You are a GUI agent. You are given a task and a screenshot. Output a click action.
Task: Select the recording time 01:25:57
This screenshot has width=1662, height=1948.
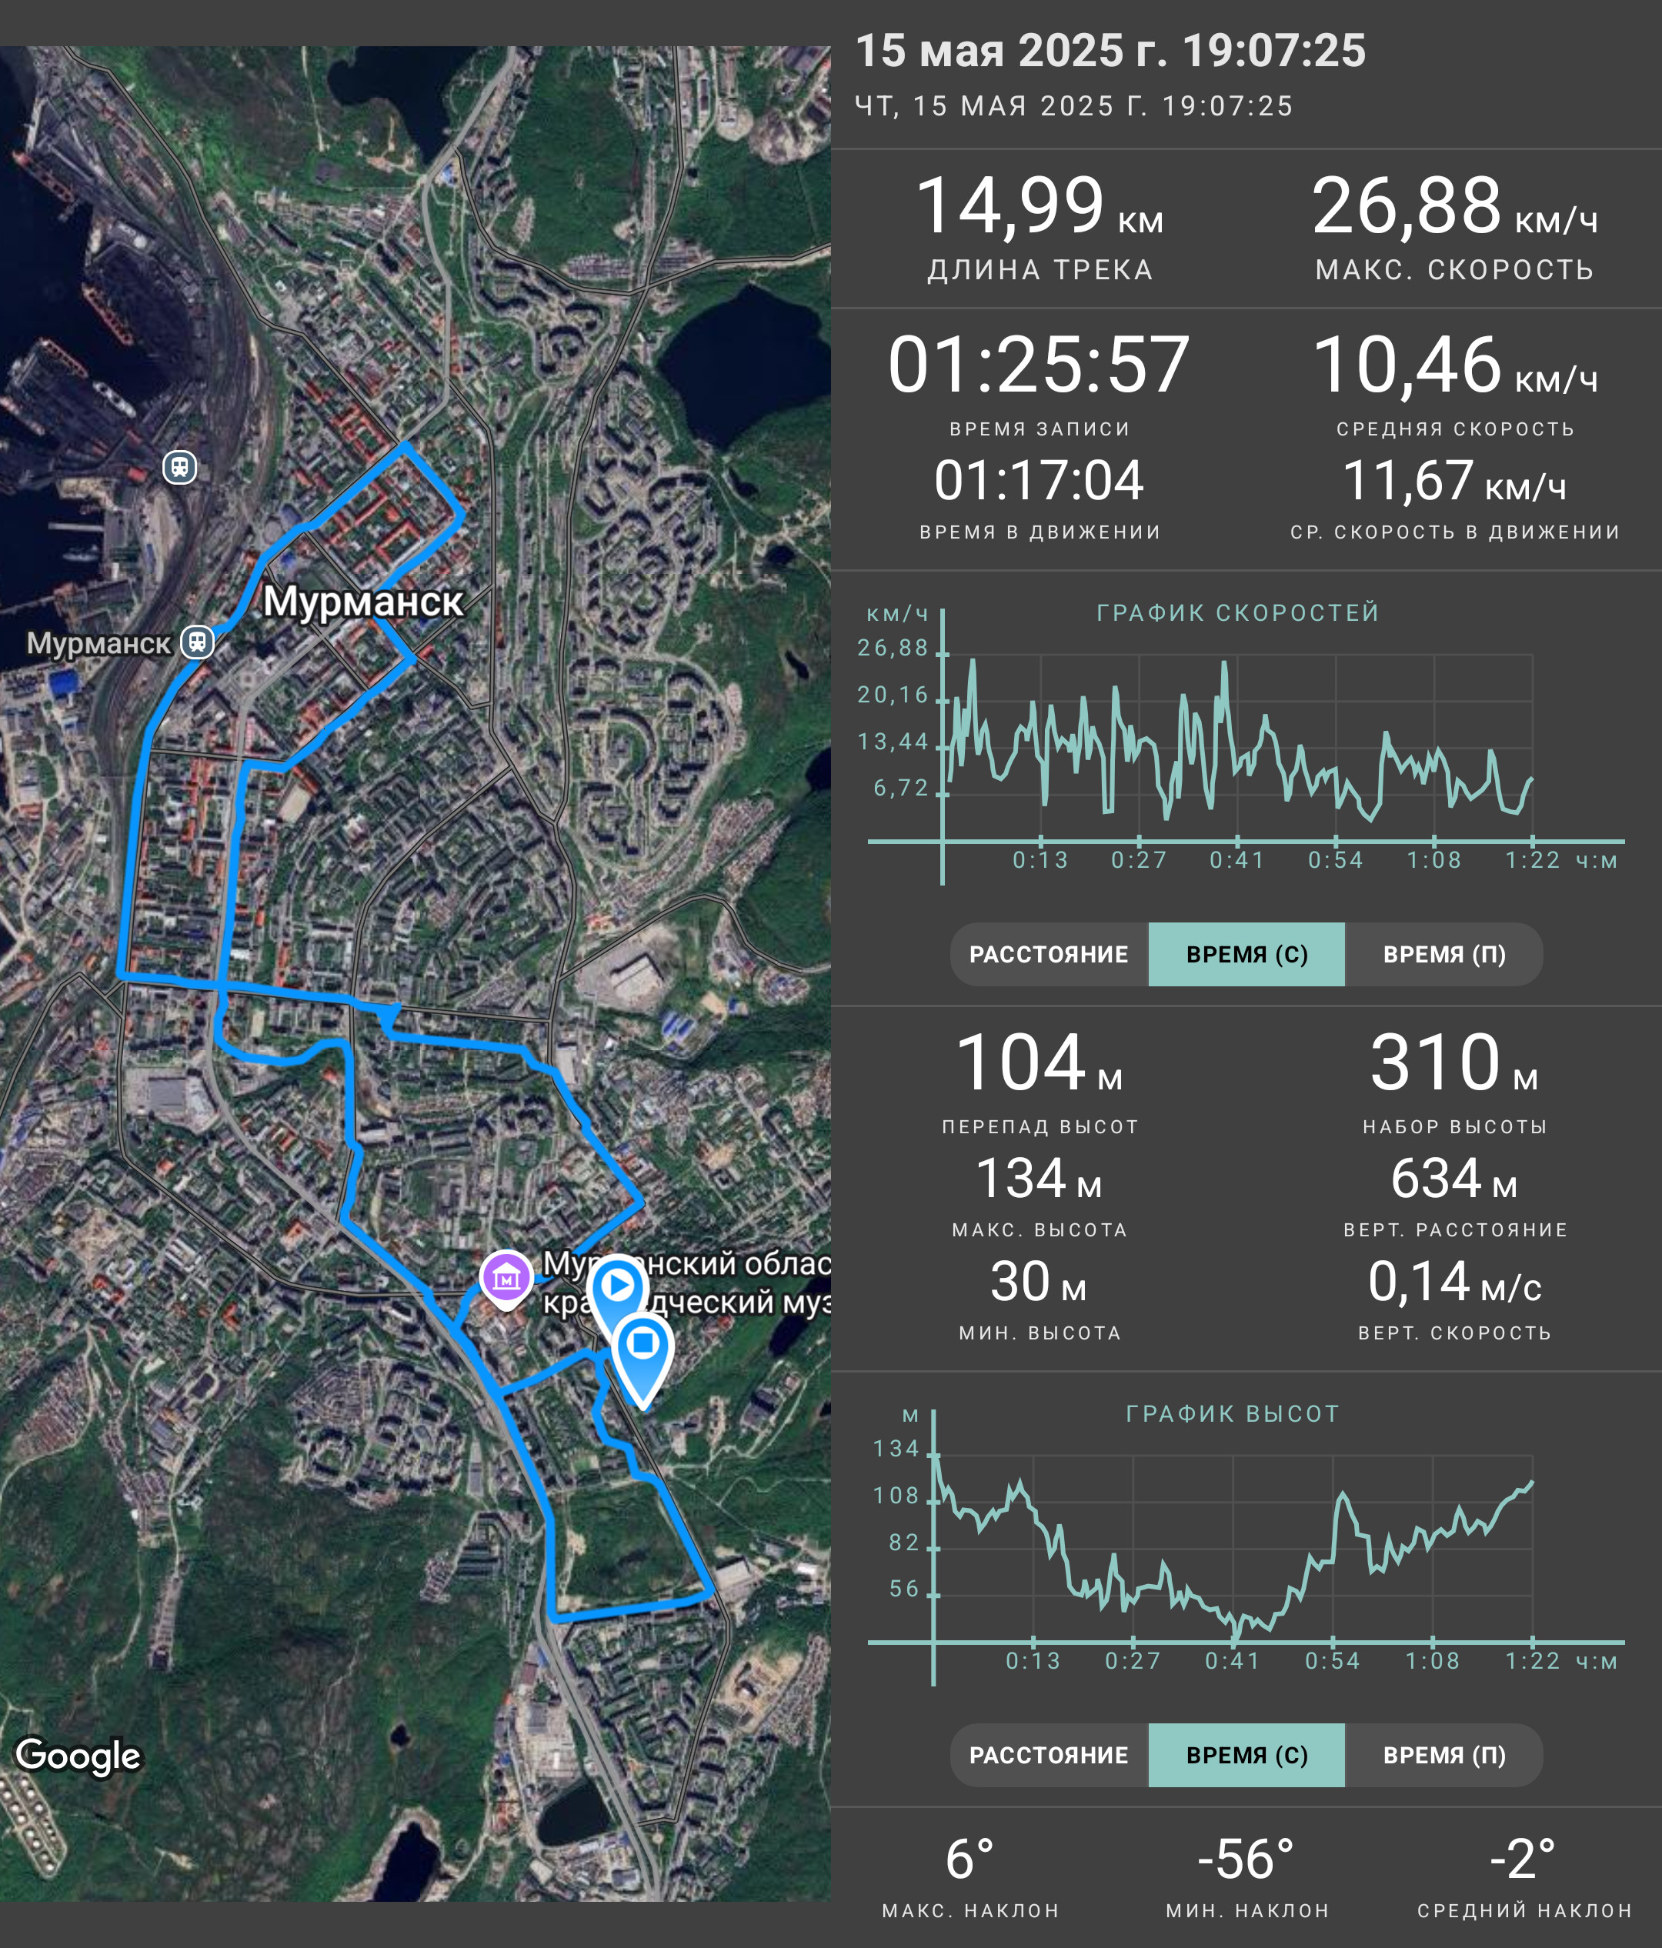1039,365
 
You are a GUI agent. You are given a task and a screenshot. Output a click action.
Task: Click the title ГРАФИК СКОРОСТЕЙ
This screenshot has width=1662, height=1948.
1238,613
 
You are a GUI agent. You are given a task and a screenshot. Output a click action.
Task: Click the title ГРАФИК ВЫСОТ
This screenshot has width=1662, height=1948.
1233,1414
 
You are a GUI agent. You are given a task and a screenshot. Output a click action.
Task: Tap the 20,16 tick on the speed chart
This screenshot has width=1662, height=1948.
892,695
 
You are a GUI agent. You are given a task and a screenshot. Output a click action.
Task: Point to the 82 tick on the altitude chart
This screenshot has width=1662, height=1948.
903,1543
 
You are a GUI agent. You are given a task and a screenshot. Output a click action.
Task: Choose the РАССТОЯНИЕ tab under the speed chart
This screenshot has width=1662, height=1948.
1049,954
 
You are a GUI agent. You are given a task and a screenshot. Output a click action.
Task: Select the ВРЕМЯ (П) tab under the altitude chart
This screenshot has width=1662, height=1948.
1444,1755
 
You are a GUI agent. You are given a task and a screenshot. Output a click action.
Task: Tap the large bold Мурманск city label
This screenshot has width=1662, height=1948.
363,602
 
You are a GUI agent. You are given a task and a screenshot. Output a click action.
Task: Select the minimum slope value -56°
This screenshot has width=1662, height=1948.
1246,1860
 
